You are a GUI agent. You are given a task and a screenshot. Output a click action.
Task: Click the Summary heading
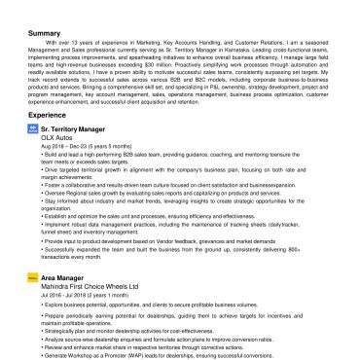(44, 32)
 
